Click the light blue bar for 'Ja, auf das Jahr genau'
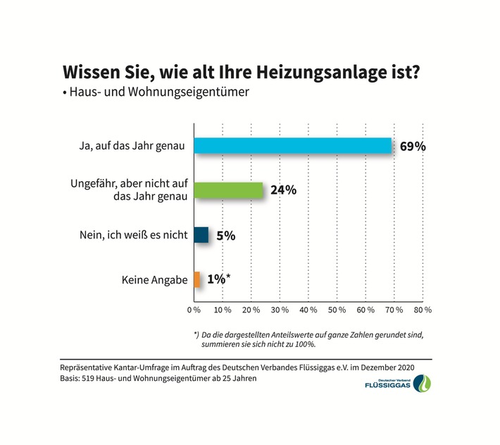pos(292,145)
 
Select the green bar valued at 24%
pos(228,190)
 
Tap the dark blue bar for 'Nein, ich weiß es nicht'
pos(201,235)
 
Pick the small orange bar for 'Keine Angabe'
pos(197,279)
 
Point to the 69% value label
pos(412,147)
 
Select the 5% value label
pos(225,236)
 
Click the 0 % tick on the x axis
pos(194,310)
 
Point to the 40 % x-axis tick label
pos(308,310)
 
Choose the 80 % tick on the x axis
pos(423,310)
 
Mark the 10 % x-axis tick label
pos(223,310)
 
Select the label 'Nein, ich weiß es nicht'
pos(133,236)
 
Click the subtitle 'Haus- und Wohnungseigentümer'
pos(160,92)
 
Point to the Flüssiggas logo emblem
pos(425,384)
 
